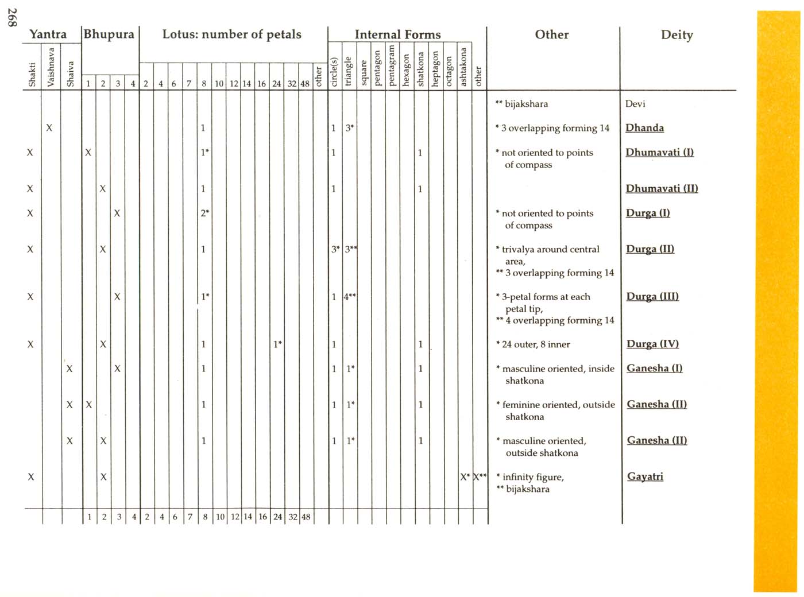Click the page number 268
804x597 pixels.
[12, 17]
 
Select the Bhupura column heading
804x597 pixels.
[109, 34]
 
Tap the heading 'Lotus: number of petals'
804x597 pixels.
[231, 34]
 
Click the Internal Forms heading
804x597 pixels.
[397, 34]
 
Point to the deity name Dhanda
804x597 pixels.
[644, 128]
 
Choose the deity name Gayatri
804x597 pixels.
[645, 476]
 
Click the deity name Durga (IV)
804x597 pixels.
[652, 344]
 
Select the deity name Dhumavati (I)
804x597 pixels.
[659, 152]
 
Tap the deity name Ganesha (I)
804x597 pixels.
[654, 368]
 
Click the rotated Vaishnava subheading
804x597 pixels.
[51, 67]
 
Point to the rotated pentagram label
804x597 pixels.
[392, 65]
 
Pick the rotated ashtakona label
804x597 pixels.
[464, 67]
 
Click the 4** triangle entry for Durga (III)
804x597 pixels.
[350, 297]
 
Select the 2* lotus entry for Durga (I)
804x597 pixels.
[204, 213]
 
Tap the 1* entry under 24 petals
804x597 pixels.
[277, 344]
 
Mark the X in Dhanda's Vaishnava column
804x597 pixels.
[49, 128]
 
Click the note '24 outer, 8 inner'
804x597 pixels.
[535, 344]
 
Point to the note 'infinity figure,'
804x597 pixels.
[532, 477]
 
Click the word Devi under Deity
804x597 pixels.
[635, 104]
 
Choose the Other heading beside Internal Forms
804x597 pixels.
[551, 34]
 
